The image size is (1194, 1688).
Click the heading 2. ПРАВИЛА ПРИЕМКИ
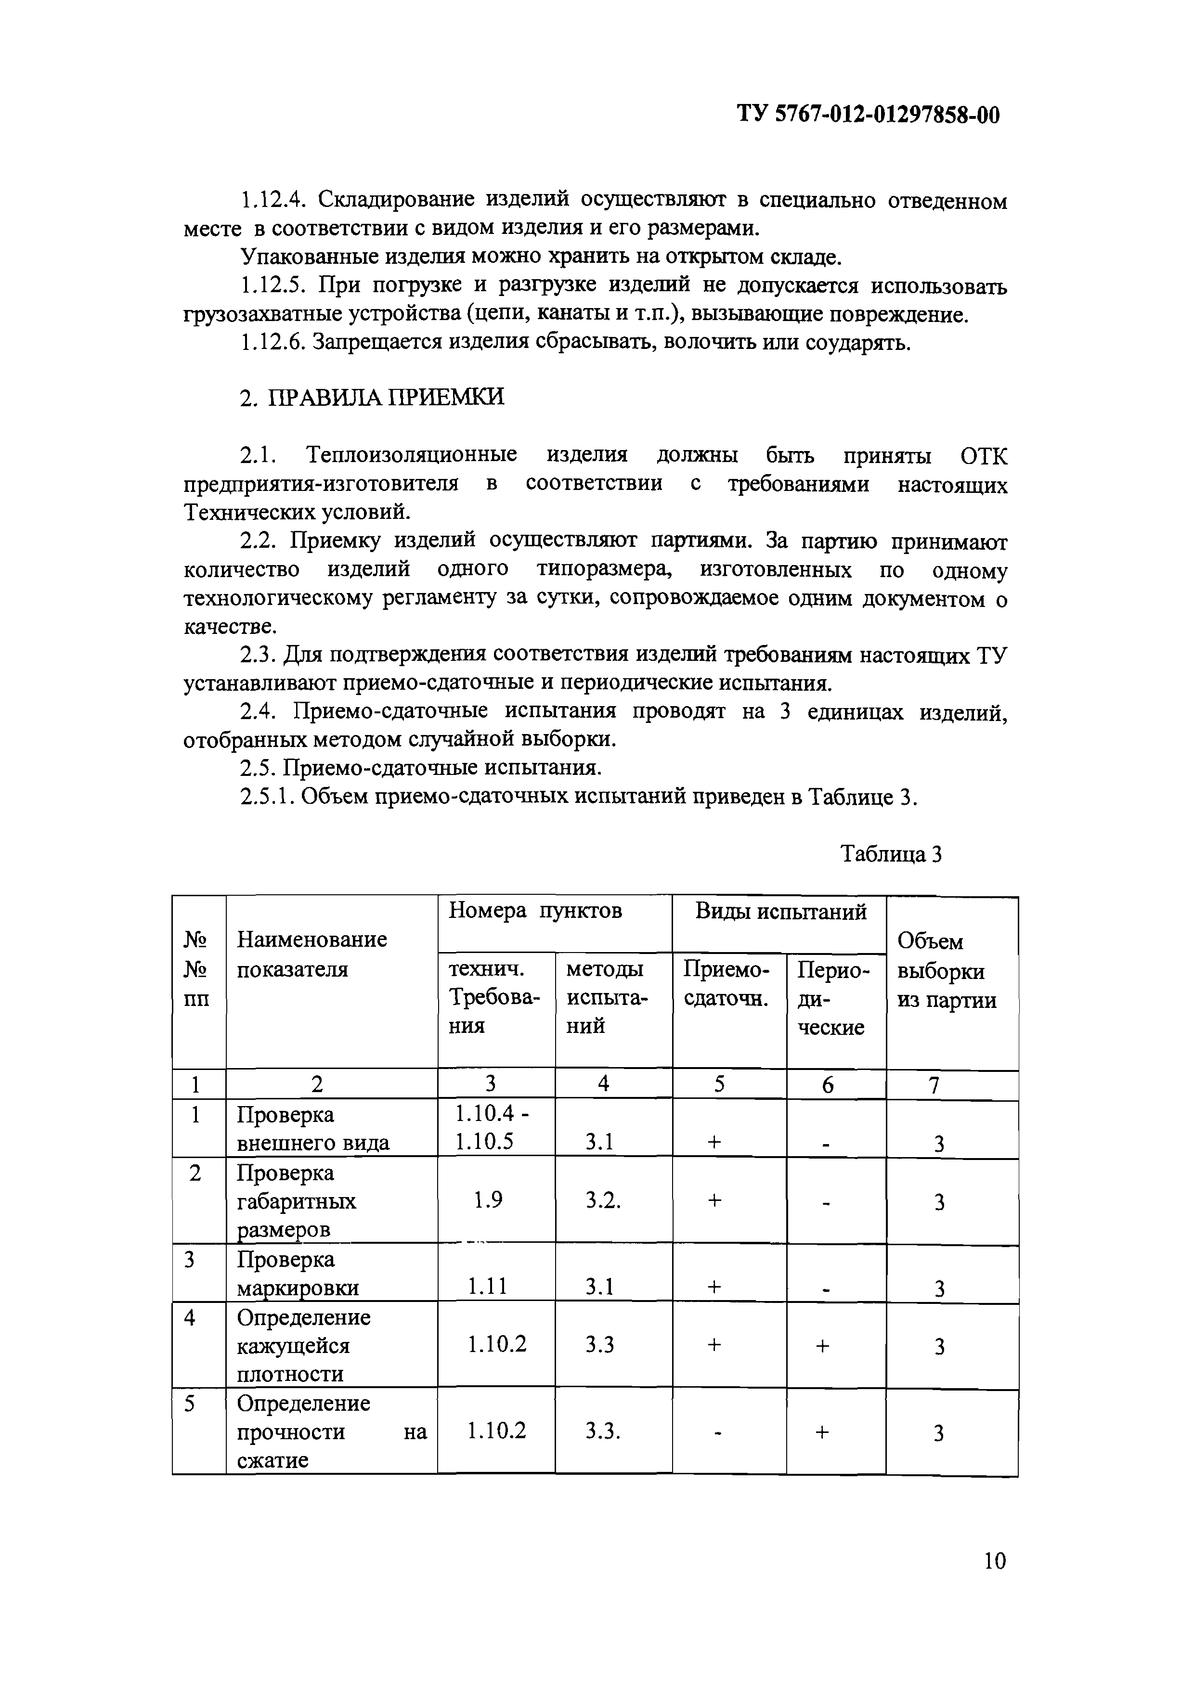(373, 397)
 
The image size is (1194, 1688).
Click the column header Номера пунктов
(535, 911)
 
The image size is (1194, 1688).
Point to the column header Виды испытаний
(781, 912)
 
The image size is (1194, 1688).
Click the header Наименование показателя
(311, 954)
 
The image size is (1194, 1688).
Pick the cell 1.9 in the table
(488, 1200)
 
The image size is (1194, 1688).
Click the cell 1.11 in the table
(487, 1286)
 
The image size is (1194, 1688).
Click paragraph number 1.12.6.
(272, 343)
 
